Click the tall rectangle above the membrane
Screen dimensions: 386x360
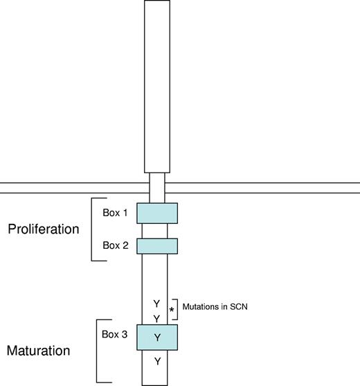tap(157, 87)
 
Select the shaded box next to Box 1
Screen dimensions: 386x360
tap(157, 213)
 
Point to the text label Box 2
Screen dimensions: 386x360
tap(115, 245)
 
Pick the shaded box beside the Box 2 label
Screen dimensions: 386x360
tap(157, 246)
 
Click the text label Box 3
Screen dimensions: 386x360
tap(115, 333)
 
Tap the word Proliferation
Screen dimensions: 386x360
tap(44, 229)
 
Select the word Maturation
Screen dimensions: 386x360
tap(38, 351)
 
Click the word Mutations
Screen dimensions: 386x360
tap(204, 305)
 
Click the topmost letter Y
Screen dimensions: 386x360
tap(156, 303)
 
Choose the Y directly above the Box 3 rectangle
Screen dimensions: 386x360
tap(156, 317)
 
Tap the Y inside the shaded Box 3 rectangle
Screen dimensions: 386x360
tap(156, 337)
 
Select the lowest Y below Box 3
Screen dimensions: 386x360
tap(156, 361)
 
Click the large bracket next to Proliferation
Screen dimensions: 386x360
tap(93, 229)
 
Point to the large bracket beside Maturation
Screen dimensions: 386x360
tap(97, 351)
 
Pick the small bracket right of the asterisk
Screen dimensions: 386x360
tap(178, 309)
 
